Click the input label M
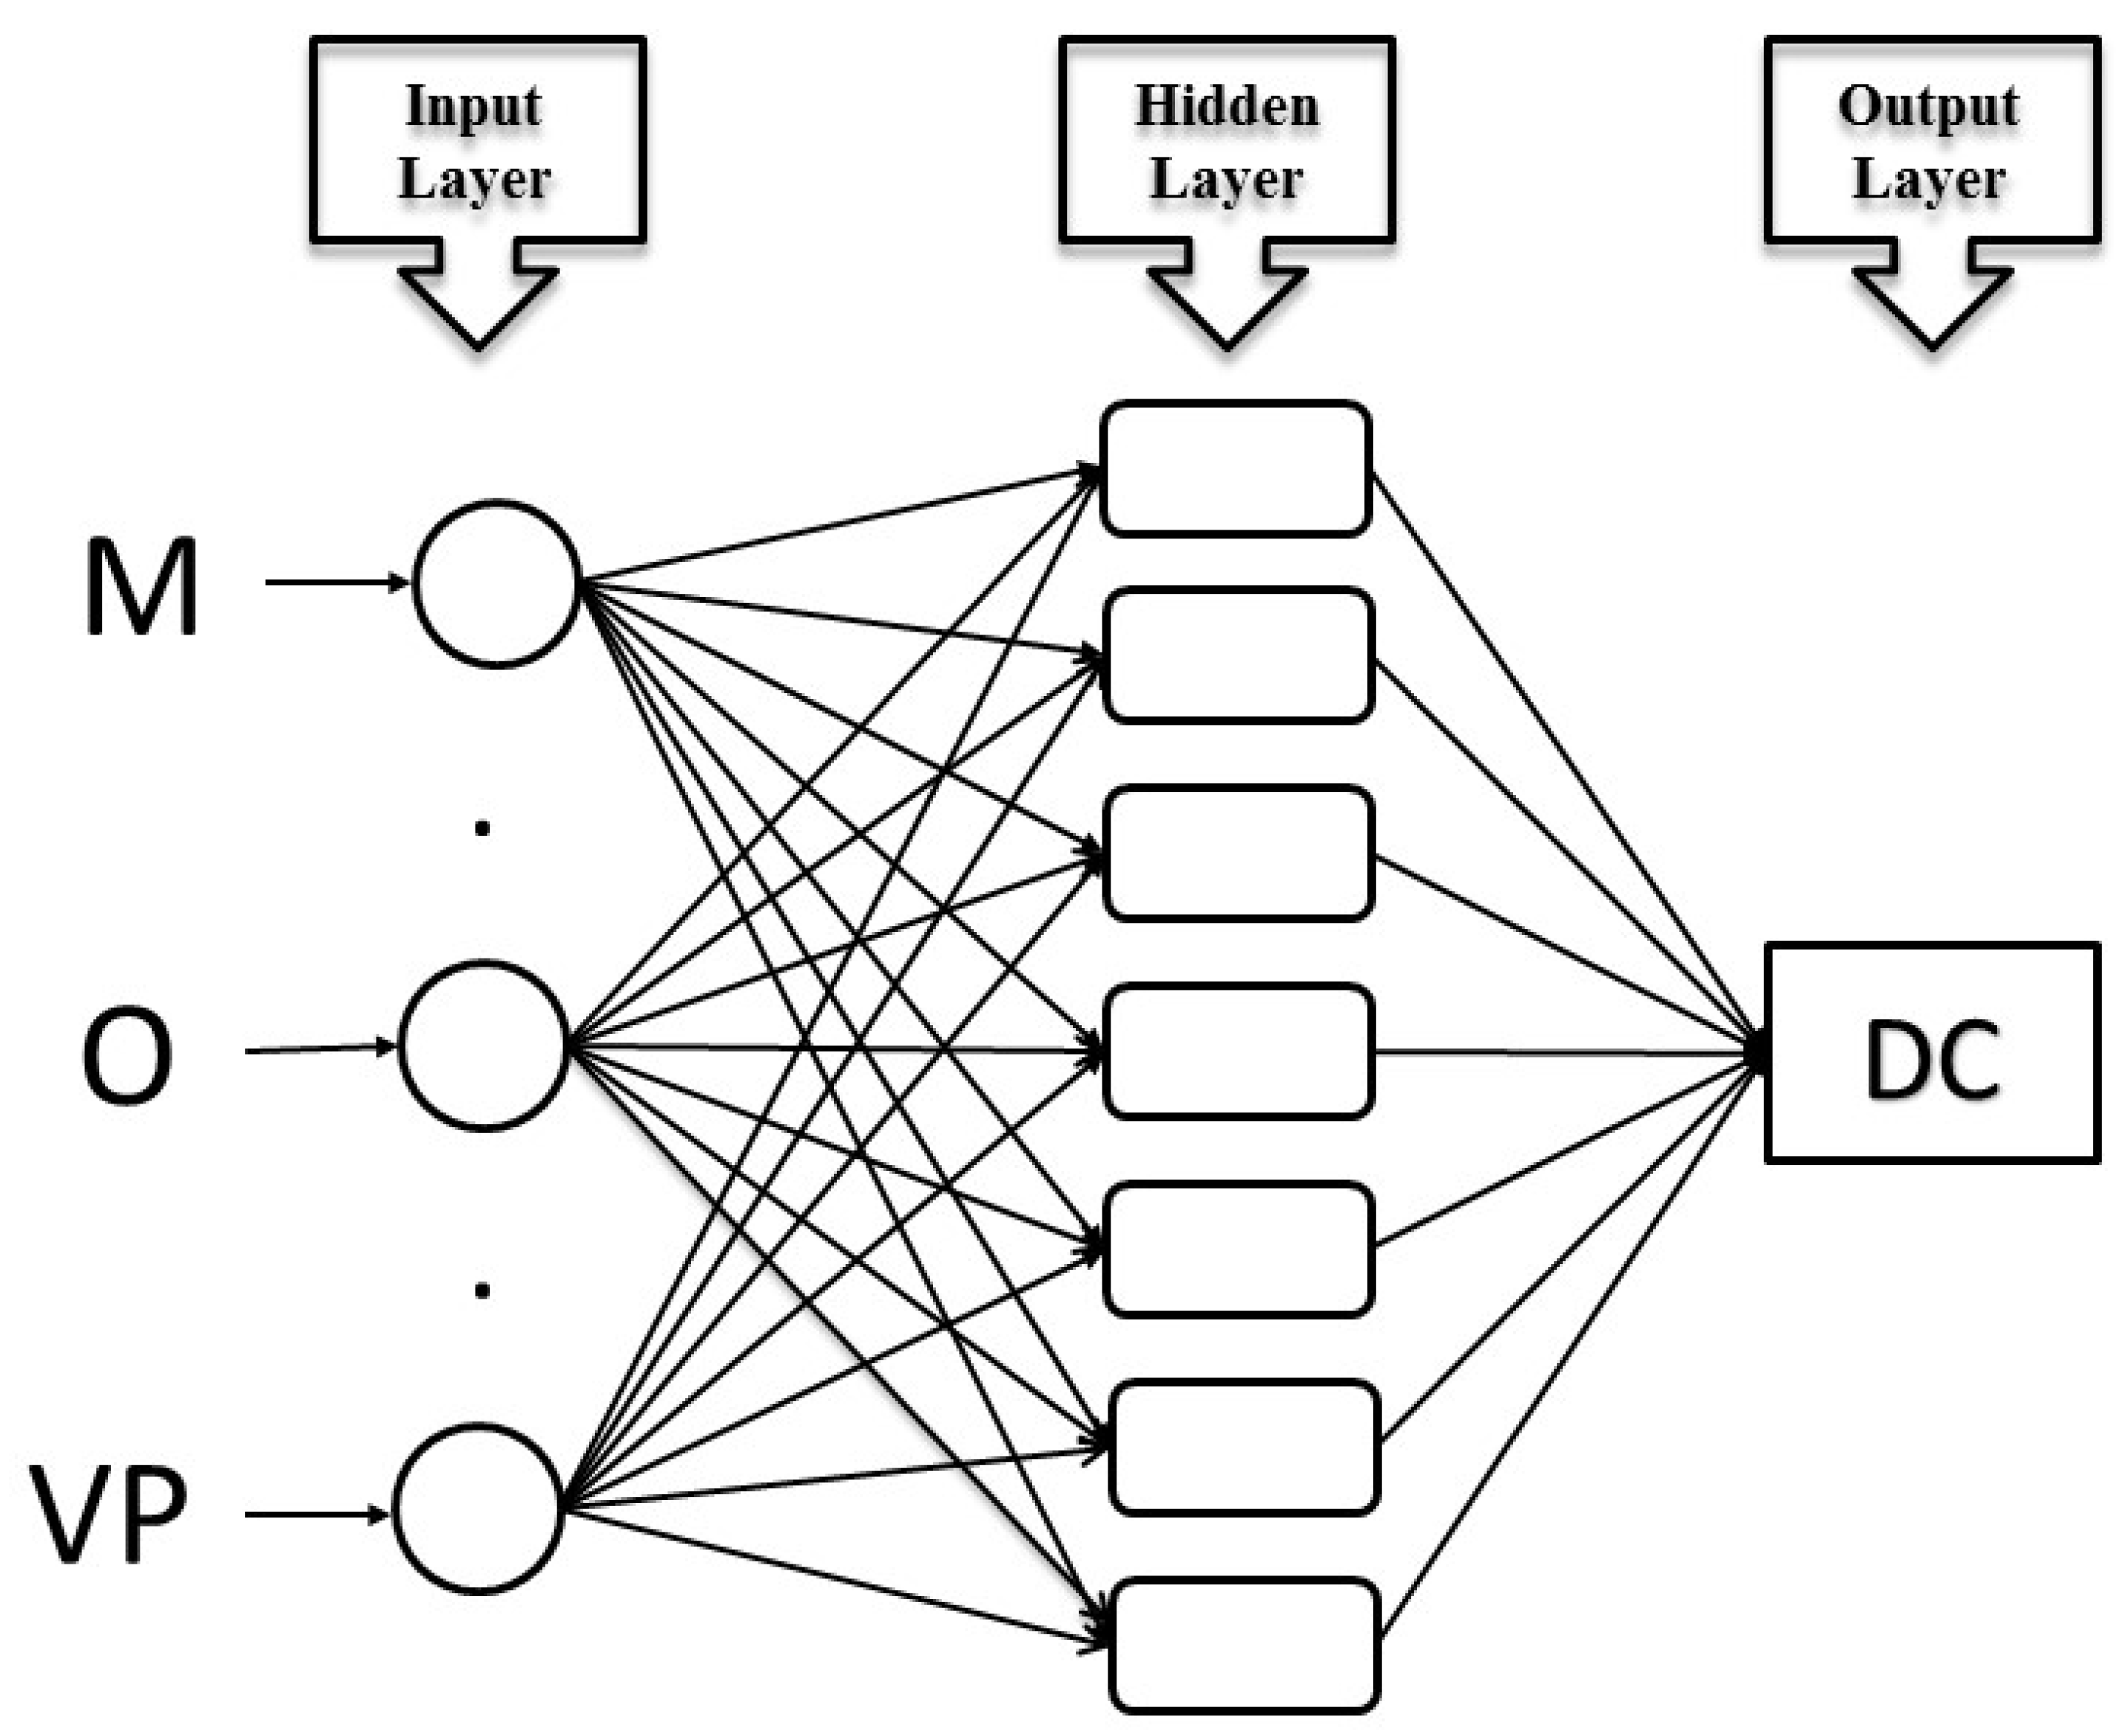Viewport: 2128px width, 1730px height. (141, 587)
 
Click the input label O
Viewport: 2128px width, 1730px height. (127, 1054)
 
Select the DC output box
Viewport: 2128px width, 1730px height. (1932, 1052)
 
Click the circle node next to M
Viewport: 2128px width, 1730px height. (496, 583)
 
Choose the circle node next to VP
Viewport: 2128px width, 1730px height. (477, 1509)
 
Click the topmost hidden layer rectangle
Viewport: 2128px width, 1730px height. (1235, 468)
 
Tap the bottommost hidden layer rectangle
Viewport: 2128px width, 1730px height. (1245, 1645)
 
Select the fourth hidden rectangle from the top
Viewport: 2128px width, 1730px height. (1238, 1051)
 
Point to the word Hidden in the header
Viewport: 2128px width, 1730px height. (1227, 107)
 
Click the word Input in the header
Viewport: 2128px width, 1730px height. (474, 107)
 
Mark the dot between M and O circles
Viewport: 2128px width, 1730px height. (482, 827)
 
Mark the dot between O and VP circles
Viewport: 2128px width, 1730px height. (482, 1291)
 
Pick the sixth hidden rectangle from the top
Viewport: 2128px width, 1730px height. (1245, 1447)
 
